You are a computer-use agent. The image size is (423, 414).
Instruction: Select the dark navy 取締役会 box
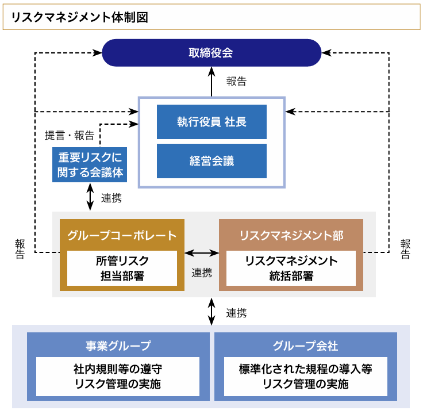click(211, 52)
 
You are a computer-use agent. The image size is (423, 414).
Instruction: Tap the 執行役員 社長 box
click(211, 122)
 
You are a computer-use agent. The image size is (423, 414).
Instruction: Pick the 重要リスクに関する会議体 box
click(89, 165)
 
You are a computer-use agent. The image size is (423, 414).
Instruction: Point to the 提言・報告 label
click(70, 136)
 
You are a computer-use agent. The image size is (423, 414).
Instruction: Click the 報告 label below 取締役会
click(236, 81)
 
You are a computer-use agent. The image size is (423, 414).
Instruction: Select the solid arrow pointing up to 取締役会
click(211, 81)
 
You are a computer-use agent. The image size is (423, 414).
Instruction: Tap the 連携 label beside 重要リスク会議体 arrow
click(111, 198)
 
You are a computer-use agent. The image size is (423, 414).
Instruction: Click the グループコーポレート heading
click(122, 235)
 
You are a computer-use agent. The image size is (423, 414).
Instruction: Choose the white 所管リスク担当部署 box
click(122, 268)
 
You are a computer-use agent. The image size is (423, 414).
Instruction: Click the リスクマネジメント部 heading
click(291, 235)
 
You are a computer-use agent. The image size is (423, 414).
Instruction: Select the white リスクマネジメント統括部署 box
click(291, 268)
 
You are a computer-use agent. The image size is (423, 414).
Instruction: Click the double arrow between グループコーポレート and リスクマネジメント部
click(202, 252)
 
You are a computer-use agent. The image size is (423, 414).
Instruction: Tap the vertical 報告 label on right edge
click(406, 248)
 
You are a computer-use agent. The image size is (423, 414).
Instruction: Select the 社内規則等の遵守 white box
click(118, 376)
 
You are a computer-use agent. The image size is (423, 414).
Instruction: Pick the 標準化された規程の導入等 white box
click(305, 376)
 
